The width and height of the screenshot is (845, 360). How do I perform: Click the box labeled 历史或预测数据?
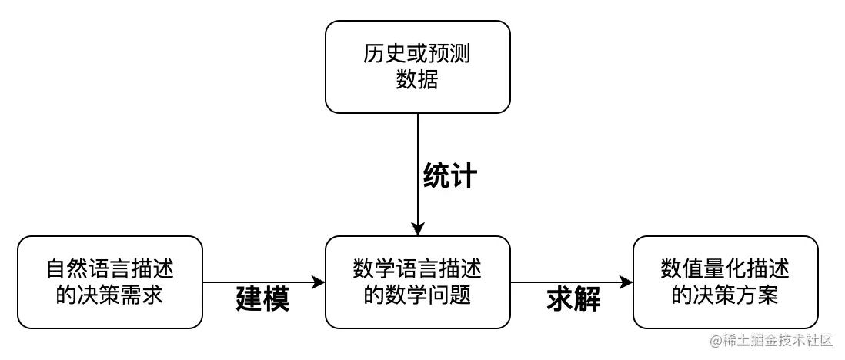pos(417,67)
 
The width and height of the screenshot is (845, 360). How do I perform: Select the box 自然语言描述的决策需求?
pos(109,282)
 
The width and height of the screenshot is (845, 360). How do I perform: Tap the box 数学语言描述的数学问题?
pos(417,282)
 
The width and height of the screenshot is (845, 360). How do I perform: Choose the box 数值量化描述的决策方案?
pos(725,282)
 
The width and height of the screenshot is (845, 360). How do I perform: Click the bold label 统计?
pos(450,176)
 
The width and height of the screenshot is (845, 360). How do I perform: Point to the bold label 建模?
pos(262,298)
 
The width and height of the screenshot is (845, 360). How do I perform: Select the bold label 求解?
pos(573,298)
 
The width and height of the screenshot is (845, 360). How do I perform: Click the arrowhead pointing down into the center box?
pos(417,229)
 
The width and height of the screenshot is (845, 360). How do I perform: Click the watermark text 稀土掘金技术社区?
pos(777,340)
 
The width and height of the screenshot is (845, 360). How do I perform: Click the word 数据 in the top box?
pos(417,79)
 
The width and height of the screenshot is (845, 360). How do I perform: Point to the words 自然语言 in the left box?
pos(88,270)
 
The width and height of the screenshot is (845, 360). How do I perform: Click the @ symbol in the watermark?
pos(716,340)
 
